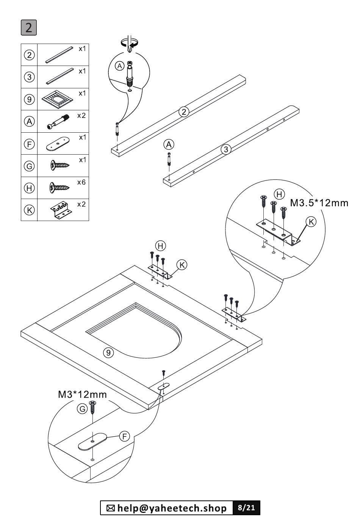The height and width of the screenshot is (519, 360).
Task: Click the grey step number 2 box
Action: click(x=29, y=28)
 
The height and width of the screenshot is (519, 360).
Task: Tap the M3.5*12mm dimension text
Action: click(x=319, y=203)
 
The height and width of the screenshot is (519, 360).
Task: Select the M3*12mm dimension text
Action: click(x=82, y=394)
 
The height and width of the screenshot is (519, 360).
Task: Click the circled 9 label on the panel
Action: click(x=108, y=353)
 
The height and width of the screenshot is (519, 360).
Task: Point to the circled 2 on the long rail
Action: click(x=184, y=112)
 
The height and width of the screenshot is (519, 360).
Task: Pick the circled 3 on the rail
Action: click(x=226, y=149)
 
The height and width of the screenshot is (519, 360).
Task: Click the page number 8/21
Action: click(x=246, y=508)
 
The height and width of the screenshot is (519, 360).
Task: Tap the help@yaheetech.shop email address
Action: click(x=172, y=508)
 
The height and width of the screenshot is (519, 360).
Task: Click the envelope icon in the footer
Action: click(x=111, y=508)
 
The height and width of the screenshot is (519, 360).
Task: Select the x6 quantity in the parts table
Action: click(x=81, y=182)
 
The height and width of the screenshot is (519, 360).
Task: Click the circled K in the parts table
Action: click(x=30, y=210)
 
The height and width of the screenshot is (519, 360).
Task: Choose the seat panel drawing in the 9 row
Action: click(x=58, y=99)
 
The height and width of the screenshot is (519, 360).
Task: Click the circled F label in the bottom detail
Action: click(x=124, y=436)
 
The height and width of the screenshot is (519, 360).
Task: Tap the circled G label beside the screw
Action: click(x=82, y=409)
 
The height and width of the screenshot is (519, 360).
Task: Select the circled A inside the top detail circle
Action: click(x=119, y=66)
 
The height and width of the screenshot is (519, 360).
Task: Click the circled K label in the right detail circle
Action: click(x=311, y=222)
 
